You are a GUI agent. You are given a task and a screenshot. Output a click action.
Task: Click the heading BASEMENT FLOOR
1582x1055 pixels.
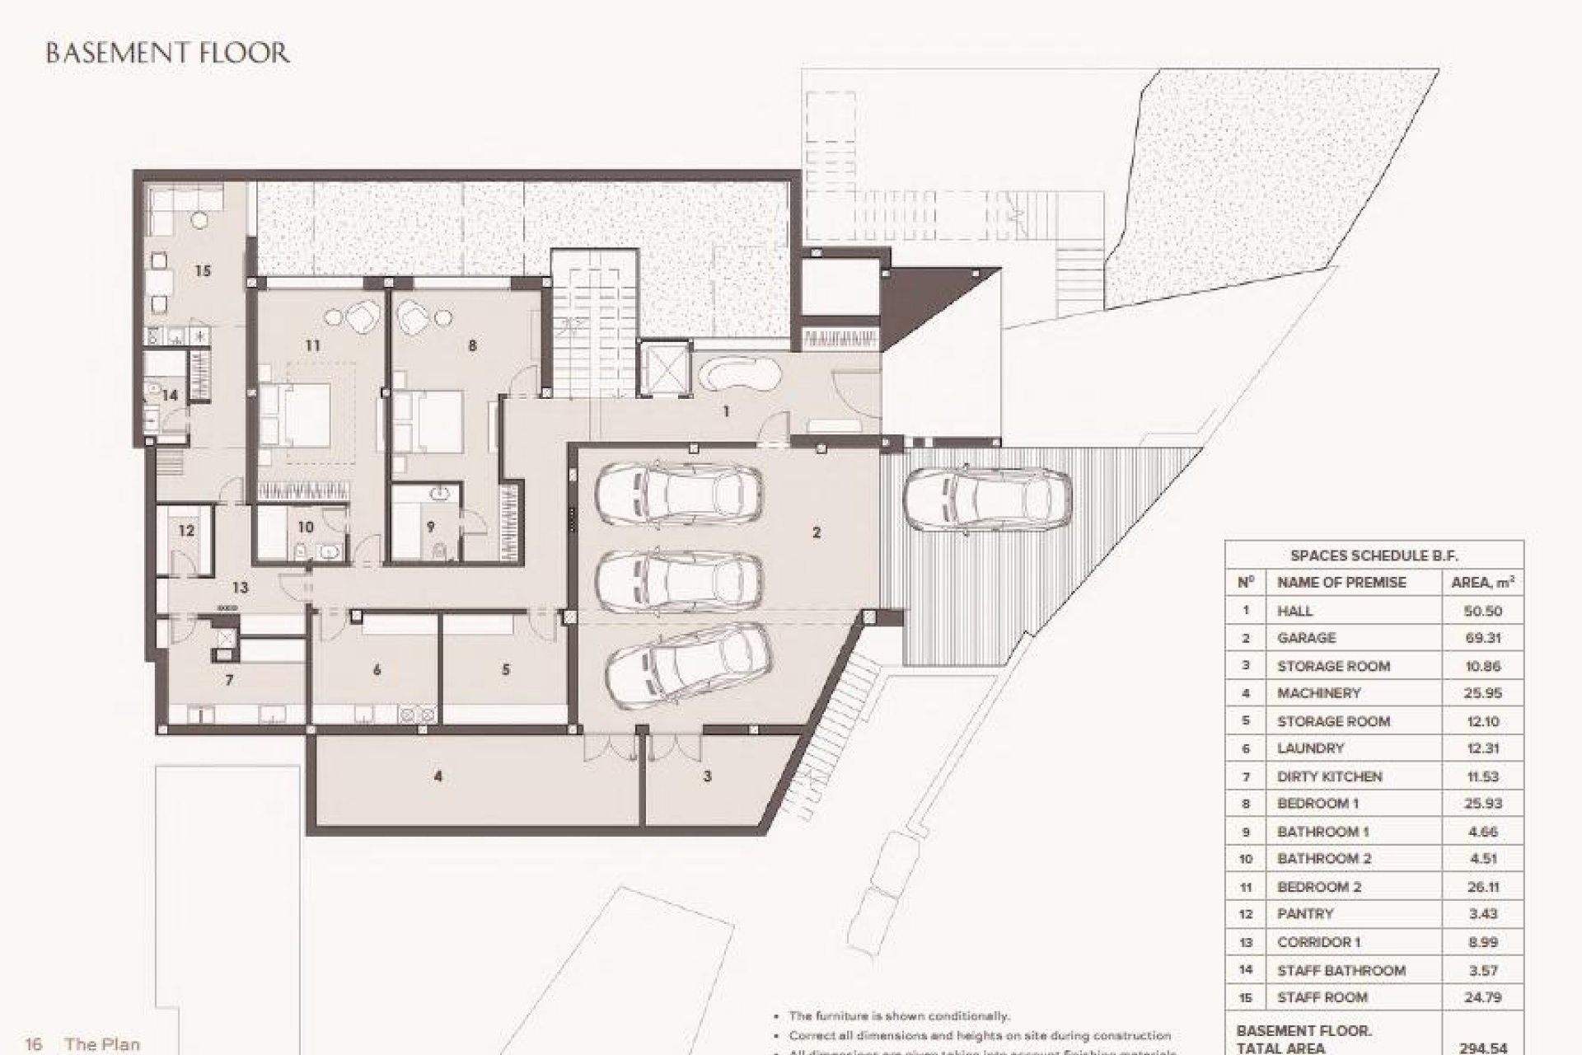(167, 54)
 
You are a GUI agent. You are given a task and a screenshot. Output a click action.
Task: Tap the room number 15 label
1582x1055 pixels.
(203, 270)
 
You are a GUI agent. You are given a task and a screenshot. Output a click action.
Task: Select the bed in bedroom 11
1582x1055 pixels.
(295, 415)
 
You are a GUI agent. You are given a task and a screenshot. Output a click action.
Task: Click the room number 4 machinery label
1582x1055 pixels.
(438, 776)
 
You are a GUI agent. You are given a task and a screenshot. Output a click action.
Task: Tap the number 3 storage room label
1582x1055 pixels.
(707, 776)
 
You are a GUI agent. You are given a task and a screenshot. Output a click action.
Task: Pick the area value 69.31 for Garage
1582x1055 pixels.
(1482, 638)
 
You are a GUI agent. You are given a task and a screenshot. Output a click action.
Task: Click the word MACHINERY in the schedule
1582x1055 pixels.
(1318, 693)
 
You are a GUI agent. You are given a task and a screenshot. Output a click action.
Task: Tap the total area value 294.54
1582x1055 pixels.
(1482, 1048)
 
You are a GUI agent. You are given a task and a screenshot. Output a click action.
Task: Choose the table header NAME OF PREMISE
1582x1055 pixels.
(1341, 582)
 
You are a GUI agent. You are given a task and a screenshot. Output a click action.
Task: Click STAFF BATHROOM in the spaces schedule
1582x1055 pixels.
(1341, 970)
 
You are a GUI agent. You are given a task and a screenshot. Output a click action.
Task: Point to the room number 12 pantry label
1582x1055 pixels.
(186, 530)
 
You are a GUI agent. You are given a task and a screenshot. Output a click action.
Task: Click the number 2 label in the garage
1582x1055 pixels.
(817, 532)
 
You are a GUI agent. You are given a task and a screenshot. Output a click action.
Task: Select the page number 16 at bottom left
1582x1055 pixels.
(34, 1044)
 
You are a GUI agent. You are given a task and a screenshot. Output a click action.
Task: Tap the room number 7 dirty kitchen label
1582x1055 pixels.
(229, 680)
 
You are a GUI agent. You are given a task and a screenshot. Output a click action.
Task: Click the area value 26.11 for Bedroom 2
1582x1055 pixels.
(1482, 887)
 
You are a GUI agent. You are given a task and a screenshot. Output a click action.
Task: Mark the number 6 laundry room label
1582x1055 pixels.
(377, 670)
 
